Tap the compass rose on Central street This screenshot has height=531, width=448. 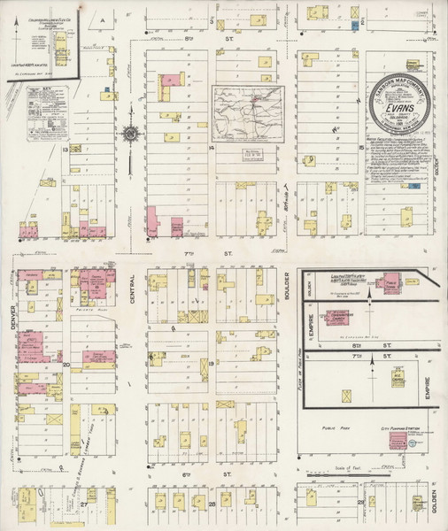point(131,135)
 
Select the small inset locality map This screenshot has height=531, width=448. point(248,112)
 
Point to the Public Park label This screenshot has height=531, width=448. point(339,426)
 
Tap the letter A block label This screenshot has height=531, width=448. point(102,19)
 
